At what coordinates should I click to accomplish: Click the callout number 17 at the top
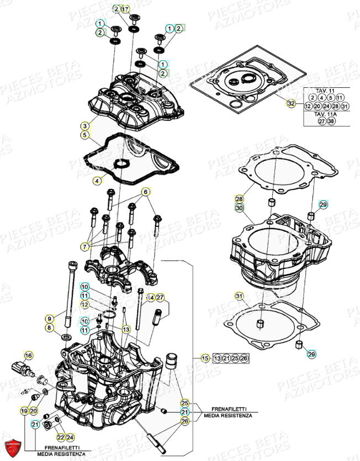(x=125, y=9)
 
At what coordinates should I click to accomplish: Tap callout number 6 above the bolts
(x=146, y=192)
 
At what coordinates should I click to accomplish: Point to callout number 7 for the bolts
(x=85, y=245)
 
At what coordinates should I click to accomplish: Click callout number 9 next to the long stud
(x=49, y=319)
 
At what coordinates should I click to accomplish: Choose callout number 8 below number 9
(x=49, y=328)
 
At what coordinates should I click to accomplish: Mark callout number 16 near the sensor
(x=29, y=355)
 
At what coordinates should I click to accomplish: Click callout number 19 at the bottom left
(x=24, y=411)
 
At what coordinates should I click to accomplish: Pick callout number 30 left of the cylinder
(x=239, y=208)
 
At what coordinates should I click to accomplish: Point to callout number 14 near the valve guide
(x=150, y=298)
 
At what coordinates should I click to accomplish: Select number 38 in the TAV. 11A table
(x=331, y=121)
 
